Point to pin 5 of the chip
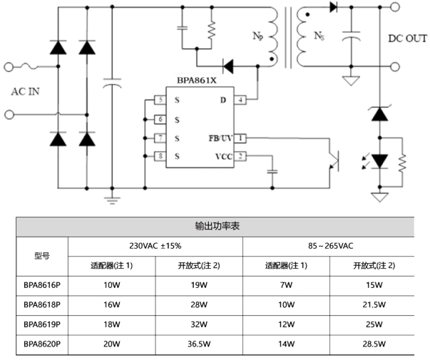pyautogui.click(x=160, y=100)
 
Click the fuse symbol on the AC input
pyautogui.click(x=32, y=67)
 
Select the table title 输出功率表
pyautogui.click(x=215, y=226)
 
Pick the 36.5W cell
pyautogui.click(x=198, y=344)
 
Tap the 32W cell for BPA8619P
pyautogui.click(x=198, y=324)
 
